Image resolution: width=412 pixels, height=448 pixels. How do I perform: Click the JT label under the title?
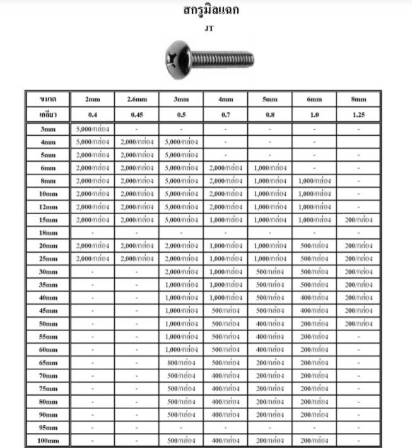click(209, 28)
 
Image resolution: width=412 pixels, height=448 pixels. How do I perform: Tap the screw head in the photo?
click(178, 61)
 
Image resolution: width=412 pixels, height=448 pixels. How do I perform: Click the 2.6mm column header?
click(137, 100)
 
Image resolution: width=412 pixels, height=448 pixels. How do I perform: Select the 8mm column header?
click(358, 100)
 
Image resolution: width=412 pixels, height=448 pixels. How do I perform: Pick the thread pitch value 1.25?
click(358, 114)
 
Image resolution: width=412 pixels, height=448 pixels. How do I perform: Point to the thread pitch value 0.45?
click(137, 114)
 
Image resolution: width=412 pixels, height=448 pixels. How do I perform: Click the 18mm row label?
click(48, 233)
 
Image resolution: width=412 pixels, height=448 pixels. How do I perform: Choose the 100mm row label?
click(48, 440)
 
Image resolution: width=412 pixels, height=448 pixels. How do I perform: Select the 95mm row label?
click(48, 427)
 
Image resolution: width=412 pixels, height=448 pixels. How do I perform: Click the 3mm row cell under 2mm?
click(93, 129)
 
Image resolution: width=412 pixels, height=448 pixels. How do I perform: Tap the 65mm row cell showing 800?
click(181, 362)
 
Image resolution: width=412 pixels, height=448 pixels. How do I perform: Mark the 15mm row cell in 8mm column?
click(358, 219)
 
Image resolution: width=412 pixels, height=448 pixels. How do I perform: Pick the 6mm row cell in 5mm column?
click(269, 167)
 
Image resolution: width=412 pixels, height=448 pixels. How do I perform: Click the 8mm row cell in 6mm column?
click(314, 181)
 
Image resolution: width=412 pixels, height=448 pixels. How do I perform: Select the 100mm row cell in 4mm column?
click(225, 440)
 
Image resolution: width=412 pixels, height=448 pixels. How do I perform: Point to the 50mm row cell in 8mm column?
click(358, 323)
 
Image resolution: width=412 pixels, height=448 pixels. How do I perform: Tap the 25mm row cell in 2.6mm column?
click(137, 258)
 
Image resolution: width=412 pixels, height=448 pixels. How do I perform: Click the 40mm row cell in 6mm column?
click(314, 297)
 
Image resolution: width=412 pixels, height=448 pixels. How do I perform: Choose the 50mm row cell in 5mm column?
click(269, 323)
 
